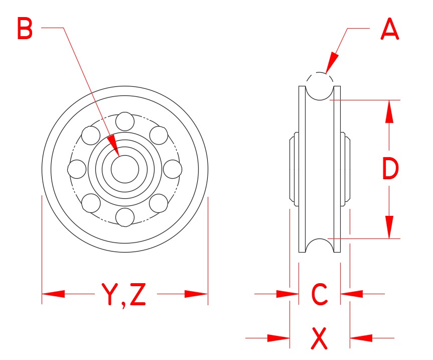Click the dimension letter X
[319, 338]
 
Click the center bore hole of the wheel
[124, 169]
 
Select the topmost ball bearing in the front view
[124, 121]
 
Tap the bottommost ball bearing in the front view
[124, 216]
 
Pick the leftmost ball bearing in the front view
[77, 169]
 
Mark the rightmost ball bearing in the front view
[172, 169]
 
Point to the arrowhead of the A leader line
[332, 65]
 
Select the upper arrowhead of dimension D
[390, 111]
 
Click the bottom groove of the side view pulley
[320, 246]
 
